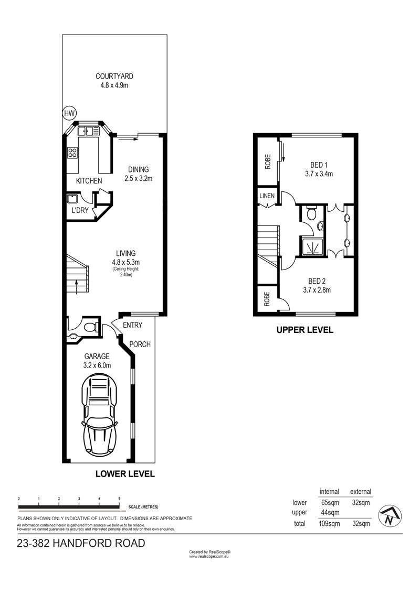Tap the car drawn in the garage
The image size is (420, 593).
99,414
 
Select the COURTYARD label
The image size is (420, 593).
114,76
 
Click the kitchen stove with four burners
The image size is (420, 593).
72,153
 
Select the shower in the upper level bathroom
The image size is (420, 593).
313,246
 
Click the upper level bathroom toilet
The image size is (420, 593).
311,212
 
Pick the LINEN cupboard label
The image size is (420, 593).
267,196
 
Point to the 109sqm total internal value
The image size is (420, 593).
329,524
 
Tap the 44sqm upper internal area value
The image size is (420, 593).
330,513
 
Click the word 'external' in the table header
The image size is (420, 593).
361,492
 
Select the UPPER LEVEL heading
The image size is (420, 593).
305,330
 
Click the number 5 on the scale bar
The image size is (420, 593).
119,499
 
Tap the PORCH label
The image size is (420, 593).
140,344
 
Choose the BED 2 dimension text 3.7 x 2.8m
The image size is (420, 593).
317,290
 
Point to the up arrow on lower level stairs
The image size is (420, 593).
77,286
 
